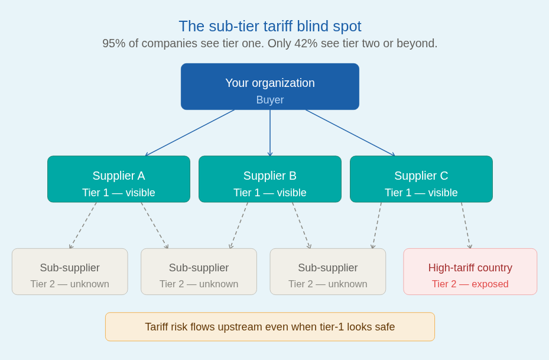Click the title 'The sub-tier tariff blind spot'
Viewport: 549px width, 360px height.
pos(270,26)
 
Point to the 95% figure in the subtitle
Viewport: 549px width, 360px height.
pos(113,43)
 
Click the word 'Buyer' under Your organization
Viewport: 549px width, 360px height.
pos(270,100)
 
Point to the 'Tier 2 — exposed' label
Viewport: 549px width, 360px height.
pos(470,284)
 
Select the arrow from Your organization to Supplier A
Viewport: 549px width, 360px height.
pos(190,133)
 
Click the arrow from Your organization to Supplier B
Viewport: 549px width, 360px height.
pos(270,133)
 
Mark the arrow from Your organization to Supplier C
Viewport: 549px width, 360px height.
pos(350,133)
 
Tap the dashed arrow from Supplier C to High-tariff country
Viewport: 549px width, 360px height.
pos(466,225)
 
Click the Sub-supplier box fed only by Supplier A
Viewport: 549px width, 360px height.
pos(70,271)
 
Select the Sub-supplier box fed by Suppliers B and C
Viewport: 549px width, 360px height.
pos(328,271)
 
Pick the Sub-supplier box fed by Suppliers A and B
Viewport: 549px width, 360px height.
pos(199,271)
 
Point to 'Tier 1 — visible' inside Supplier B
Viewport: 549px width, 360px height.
pos(270,193)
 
